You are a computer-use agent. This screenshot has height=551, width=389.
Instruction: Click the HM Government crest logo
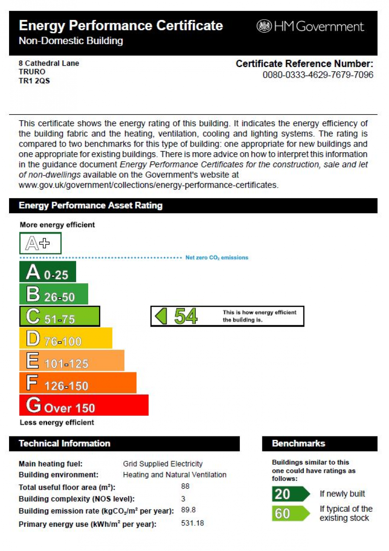point(264,26)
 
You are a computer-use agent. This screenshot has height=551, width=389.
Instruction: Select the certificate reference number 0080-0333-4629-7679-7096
point(318,75)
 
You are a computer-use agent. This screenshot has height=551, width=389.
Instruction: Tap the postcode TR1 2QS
point(34,80)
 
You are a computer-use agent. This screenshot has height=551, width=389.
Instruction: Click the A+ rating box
point(40,243)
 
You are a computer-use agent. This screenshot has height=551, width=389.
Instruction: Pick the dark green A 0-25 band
point(48,272)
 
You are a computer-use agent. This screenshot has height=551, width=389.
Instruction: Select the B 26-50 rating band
point(54,295)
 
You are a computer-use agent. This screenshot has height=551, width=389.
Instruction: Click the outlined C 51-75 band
point(60,317)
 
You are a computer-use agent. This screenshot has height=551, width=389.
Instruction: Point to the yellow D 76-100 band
point(66,339)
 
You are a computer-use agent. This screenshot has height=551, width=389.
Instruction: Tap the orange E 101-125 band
point(72,361)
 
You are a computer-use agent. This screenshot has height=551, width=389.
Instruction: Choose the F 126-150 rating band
point(78,383)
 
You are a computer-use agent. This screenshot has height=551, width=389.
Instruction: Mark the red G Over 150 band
point(84,405)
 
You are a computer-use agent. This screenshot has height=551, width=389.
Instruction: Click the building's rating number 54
point(185,317)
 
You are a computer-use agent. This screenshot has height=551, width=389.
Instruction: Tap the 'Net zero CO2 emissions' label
point(217,258)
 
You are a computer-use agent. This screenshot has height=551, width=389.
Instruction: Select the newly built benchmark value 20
point(283,494)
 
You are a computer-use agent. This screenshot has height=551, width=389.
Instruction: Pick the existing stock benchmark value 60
point(283,513)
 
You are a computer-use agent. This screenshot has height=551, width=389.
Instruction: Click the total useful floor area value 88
point(185,487)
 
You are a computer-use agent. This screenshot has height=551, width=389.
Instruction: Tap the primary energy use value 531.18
point(192,523)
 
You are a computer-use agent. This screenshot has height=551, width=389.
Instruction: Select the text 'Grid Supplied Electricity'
point(163,464)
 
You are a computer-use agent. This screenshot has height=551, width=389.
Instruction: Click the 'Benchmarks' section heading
point(298,444)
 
